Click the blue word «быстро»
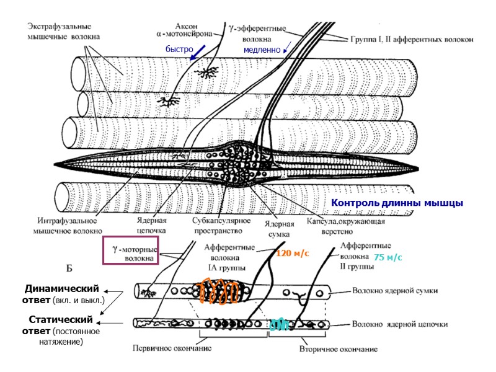pos(180,49)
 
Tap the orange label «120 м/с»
pos(292,254)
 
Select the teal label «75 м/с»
pos(388,257)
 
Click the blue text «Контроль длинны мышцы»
pos(397,203)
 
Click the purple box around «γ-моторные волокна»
pos(131,251)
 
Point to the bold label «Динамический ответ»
pos(62,294)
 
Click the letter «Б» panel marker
pos(69,268)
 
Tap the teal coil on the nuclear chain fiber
pos(280,324)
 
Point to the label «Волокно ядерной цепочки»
pos(400,324)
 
